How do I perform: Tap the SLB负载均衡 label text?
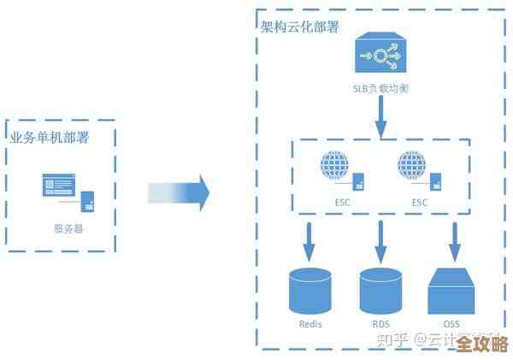point(380,88)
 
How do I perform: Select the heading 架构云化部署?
point(299,27)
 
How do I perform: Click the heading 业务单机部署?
point(50,137)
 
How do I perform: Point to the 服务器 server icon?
point(69,192)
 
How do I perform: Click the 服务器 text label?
point(68,227)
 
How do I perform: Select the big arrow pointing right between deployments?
point(179,192)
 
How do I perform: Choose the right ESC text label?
point(419,203)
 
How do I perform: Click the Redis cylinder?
point(310,291)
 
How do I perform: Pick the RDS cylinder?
point(380,291)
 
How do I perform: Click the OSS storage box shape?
point(452,292)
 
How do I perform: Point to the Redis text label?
point(310,324)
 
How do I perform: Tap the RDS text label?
point(380,324)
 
